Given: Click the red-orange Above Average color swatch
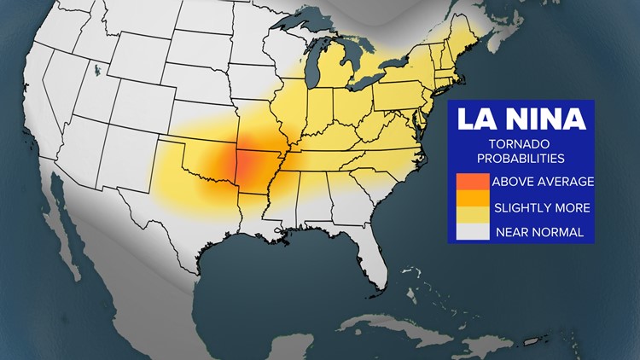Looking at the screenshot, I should point(473,182).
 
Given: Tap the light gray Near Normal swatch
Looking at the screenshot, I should point(473,230).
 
